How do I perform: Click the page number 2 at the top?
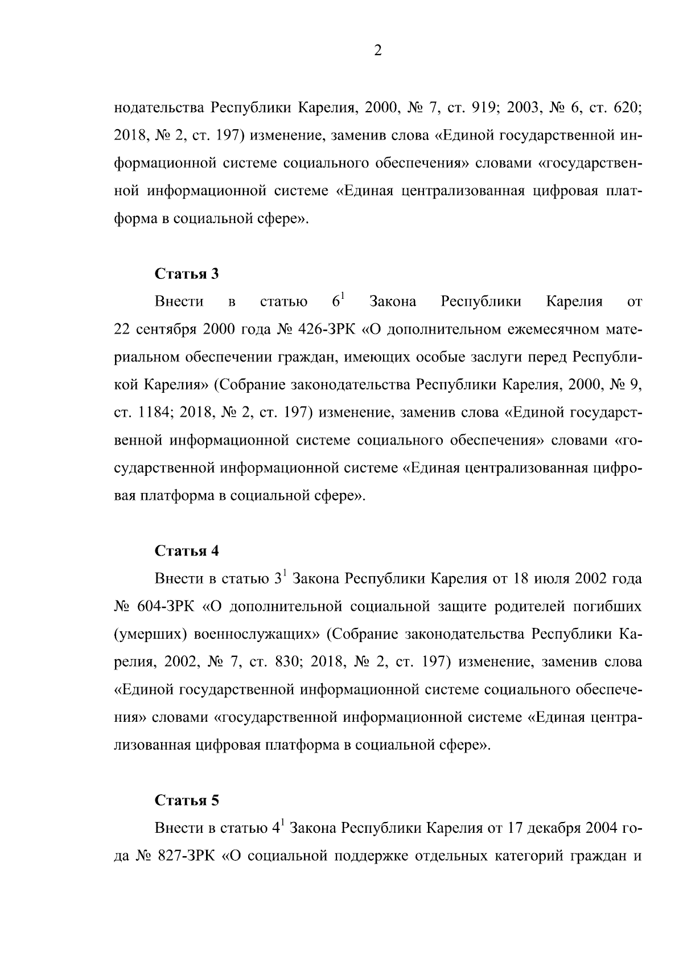378,51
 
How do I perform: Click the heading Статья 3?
187,274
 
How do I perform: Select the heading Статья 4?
187,551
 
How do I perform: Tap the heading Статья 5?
187,800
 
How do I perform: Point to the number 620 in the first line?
628,108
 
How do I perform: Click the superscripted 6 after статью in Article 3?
337,302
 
